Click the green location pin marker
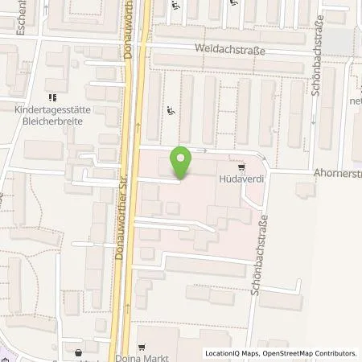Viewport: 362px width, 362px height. (x=182, y=162)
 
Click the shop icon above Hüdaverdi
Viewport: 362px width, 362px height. (x=241, y=167)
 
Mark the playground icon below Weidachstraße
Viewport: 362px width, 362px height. (x=169, y=111)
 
